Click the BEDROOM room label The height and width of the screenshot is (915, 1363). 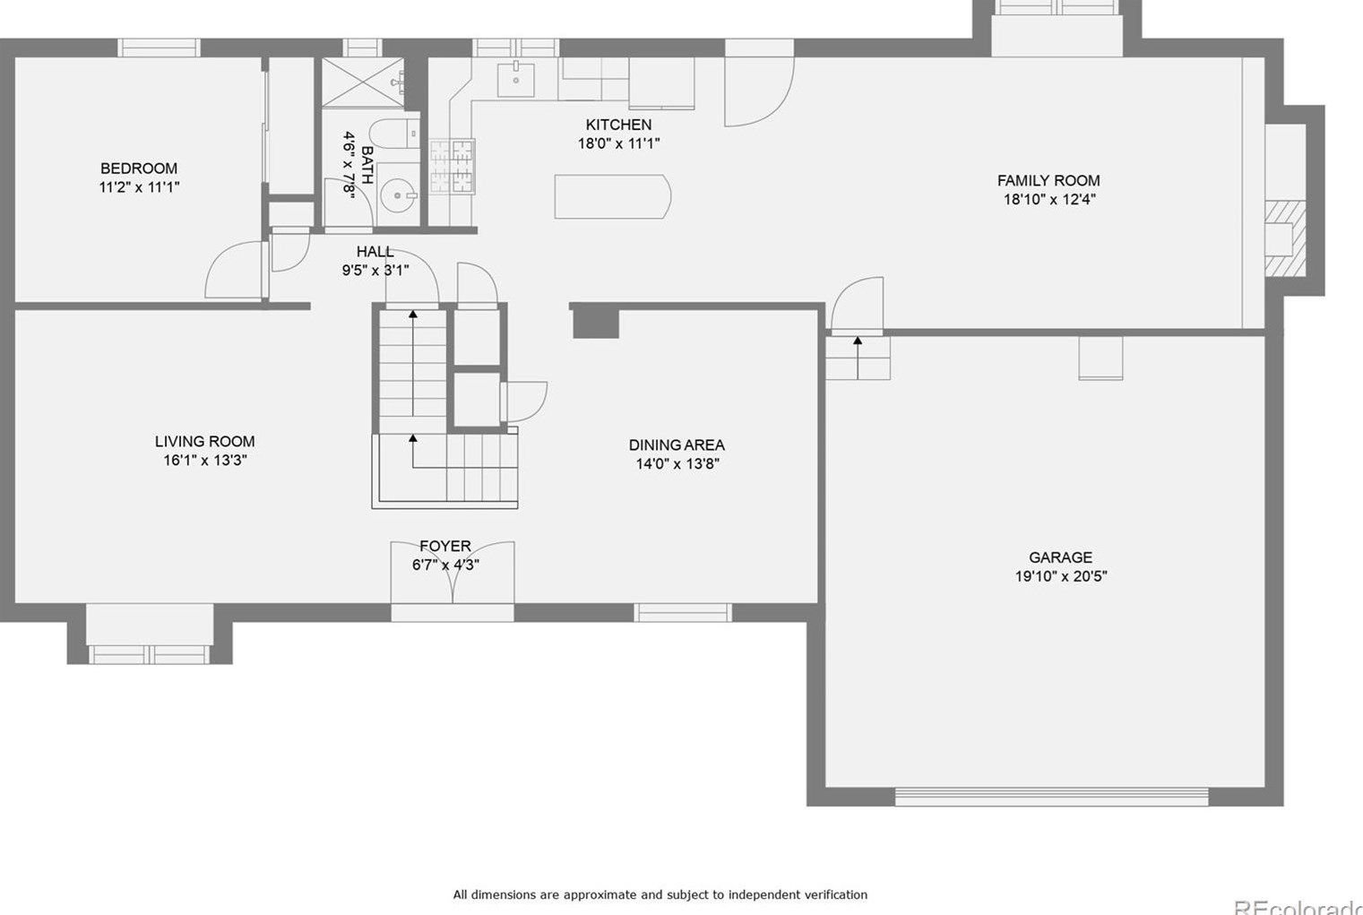(x=139, y=168)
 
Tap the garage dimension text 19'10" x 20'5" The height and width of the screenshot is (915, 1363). (x=1060, y=576)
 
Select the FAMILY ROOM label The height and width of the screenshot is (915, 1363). (x=1048, y=180)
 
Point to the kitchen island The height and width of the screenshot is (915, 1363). (x=612, y=197)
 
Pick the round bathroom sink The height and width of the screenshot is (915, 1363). (x=397, y=194)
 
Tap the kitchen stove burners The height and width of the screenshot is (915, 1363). (x=452, y=166)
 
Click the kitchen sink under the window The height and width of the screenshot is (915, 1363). (x=516, y=80)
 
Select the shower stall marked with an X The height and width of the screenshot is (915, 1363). (x=362, y=83)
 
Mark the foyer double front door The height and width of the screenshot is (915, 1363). (x=453, y=574)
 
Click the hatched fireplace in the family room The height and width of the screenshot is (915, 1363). (x=1284, y=237)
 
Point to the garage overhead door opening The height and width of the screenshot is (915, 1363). (x=1051, y=796)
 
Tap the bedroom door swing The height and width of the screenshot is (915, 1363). (x=235, y=272)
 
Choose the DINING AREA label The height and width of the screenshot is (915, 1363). (x=677, y=445)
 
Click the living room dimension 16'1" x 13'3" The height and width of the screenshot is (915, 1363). (x=204, y=460)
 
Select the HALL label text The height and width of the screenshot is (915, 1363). (x=375, y=252)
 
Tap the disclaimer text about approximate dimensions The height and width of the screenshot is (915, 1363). (x=660, y=894)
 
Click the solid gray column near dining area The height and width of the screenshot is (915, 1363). (x=596, y=322)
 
